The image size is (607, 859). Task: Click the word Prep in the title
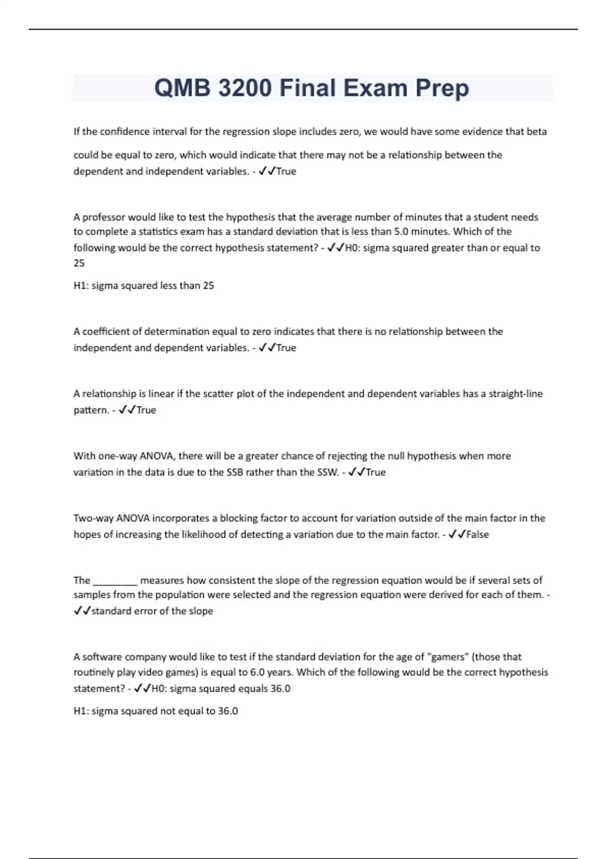[442, 88]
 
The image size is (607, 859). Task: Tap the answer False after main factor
[478, 535]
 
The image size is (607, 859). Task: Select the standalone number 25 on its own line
[79, 263]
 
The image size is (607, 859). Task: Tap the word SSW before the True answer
[327, 472]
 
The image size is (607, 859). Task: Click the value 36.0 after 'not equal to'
[228, 711]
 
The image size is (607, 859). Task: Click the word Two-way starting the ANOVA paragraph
[94, 518]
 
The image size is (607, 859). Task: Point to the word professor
[104, 217]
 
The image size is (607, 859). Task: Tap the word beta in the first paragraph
[536, 132]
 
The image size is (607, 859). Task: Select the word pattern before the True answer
[91, 410]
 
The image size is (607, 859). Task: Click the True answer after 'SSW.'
[375, 472]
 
